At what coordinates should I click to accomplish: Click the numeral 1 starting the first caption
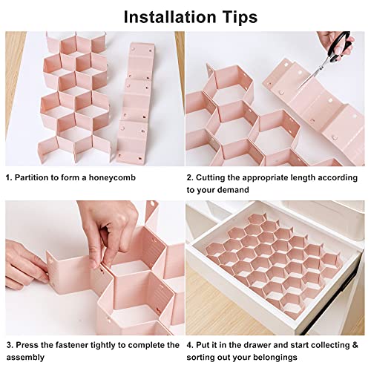tap(9, 178)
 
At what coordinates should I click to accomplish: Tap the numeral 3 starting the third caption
tap(9, 345)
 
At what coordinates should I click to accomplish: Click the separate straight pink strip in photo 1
tap(135, 89)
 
